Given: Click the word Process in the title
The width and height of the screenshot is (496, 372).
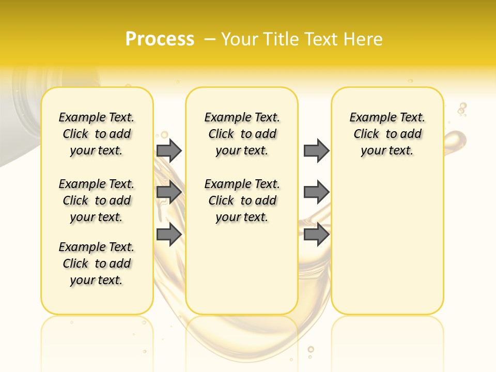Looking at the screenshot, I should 160,39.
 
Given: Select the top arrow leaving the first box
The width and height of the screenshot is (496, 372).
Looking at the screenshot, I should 169,150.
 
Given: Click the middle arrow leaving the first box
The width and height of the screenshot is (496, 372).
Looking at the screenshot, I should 169,193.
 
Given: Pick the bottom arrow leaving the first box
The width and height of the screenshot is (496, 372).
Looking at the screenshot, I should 169,235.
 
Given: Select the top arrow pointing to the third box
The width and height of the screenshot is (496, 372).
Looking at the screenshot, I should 316,150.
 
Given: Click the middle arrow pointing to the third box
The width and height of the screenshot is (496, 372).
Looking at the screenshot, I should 316,193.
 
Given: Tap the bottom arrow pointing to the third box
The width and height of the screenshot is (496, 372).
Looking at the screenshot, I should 316,235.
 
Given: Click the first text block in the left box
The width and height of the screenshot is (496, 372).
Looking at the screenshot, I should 97,134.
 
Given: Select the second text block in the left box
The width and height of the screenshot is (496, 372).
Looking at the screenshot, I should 97,200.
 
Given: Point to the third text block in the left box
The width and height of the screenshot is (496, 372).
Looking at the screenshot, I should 97,263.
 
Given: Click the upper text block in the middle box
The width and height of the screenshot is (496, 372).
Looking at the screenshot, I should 242,134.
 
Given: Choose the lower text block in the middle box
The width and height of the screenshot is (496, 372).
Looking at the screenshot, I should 242,200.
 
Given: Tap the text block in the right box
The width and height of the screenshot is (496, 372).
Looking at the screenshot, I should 388,134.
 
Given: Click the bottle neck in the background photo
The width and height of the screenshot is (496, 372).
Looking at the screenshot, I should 21,103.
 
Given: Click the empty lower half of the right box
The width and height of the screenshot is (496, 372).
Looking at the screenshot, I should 388,248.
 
